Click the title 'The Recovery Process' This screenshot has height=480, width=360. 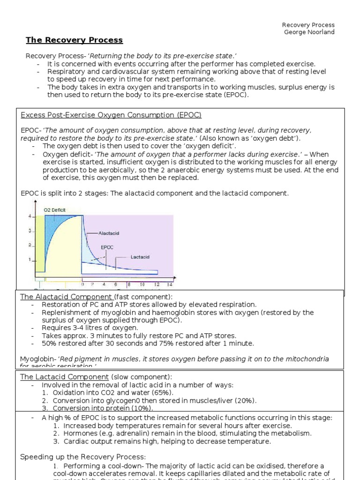click(74, 40)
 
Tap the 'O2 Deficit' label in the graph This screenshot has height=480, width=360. click(55, 210)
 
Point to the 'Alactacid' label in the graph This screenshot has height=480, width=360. click(110, 232)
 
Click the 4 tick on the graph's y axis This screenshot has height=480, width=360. click(29, 216)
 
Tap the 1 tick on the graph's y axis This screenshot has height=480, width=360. click(29, 259)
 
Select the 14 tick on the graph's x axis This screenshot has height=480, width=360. click(169, 284)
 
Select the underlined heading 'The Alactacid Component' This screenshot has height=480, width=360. click(66, 297)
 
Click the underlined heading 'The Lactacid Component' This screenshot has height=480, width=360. click(64, 377)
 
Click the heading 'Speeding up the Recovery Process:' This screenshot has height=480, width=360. click(83, 457)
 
